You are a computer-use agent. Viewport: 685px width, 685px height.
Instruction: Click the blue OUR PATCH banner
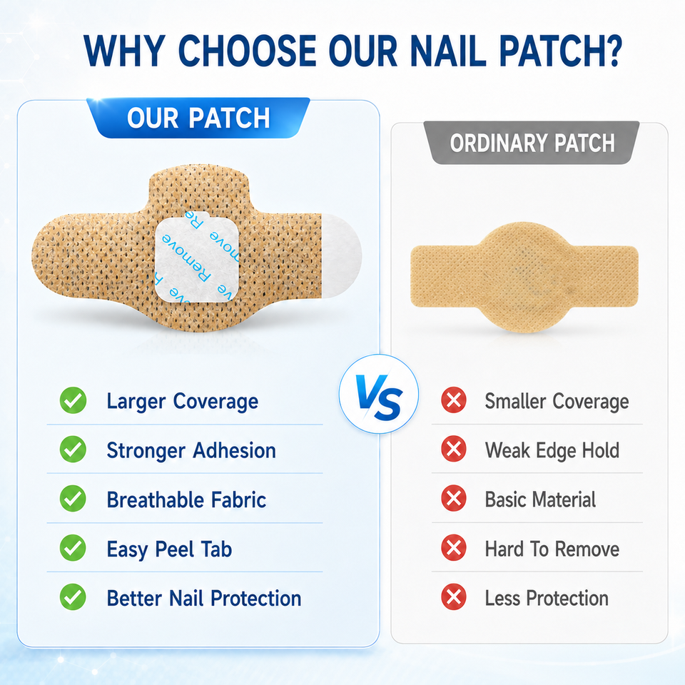click(198, 118)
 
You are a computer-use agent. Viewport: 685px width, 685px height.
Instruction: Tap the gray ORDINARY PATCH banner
click(532, 143)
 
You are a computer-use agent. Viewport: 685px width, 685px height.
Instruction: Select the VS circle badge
click(379, 394)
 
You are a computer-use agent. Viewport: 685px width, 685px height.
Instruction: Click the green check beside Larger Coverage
click(73, 400)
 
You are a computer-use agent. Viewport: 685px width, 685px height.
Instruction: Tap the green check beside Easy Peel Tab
click(73, 548)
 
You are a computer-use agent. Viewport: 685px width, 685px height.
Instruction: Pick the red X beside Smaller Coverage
click(454, 400)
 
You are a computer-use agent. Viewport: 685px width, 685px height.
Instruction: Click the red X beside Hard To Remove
click(454, 547)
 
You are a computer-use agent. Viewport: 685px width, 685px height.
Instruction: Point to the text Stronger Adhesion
click(191, 451)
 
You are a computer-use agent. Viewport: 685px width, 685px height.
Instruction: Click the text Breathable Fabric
click(186, 499)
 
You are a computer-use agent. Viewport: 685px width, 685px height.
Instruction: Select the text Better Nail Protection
click(204, 599)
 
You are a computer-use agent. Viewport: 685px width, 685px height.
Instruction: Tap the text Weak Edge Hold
click(552, 450)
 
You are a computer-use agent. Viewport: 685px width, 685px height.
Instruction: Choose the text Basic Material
click(540, 499)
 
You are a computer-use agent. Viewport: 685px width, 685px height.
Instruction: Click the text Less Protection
click(547, 598)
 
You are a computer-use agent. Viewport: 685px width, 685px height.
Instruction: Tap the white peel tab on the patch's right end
click(342, 256)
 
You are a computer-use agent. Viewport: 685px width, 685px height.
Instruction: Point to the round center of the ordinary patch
click(524, 277)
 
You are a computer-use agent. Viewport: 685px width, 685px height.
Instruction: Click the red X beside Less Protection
click(454, 597)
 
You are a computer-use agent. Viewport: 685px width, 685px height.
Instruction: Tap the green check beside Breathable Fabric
click(73, 499)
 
